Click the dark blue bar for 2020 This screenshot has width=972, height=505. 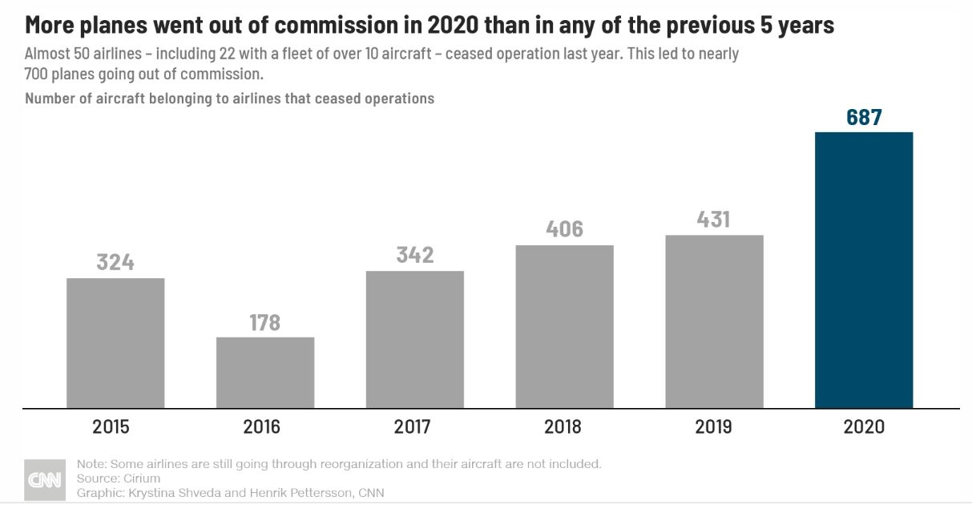(863, 270)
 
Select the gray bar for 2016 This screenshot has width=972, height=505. (265, 373)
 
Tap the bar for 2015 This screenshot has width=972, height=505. (115, 343)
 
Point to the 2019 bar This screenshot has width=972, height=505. (714, 321)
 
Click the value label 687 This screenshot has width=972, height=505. (864, 117)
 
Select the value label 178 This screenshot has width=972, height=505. (265, 322)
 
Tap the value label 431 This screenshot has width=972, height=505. (714, 220)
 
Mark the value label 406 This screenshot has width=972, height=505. (564, 229)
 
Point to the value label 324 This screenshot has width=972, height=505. (115, 262)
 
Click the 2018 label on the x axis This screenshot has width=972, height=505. (563, 426)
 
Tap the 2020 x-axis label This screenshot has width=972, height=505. (864, 426)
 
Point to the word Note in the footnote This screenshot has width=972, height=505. (90, 464)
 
